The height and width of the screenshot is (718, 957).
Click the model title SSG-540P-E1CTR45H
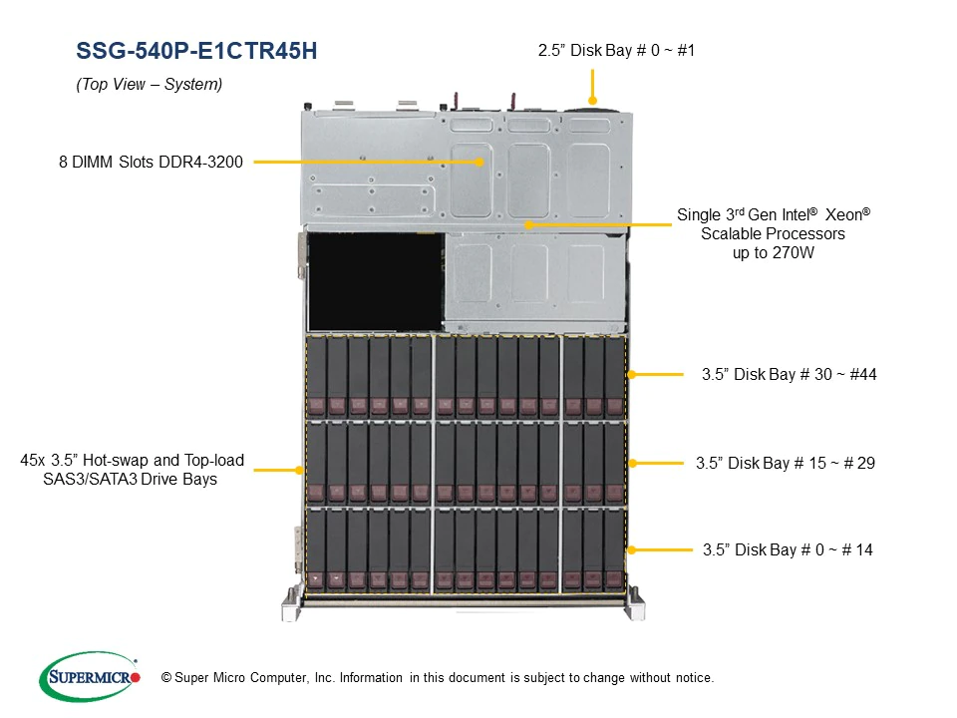196,51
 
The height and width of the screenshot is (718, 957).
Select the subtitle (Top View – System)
149,84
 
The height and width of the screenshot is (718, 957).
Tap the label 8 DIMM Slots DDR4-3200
151,162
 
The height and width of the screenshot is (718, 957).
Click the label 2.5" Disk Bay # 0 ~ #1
616,50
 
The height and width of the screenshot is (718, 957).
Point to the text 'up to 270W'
774,252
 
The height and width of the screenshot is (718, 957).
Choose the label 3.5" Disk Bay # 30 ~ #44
790,374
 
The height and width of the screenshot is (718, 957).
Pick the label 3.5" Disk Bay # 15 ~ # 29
786,464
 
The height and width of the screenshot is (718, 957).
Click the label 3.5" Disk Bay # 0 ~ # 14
788,550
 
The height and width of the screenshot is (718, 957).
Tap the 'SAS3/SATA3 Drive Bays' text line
130,480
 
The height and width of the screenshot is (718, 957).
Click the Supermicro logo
90,676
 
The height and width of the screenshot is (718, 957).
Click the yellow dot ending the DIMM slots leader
479,162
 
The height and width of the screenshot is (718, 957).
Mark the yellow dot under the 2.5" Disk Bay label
592,101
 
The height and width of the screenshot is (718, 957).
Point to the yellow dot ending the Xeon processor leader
529,224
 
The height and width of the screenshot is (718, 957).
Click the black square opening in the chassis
376,282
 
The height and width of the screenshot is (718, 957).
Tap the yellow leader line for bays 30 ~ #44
657,374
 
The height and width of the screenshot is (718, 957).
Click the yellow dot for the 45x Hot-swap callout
299,470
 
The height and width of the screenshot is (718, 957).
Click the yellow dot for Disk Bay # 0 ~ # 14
632,550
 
